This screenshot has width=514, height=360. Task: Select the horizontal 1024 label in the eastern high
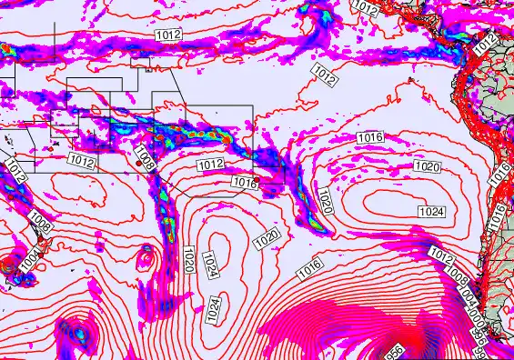[x=431, y=211]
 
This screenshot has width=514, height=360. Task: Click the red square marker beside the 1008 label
[x=138, y=163]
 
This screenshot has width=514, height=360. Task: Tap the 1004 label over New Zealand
[x=29, y=262]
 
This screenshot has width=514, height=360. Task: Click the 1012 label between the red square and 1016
[x=210, y=164]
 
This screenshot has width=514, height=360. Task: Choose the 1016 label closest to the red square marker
[x=244, y=183]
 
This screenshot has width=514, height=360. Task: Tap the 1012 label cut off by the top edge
[x=365, y=6]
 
